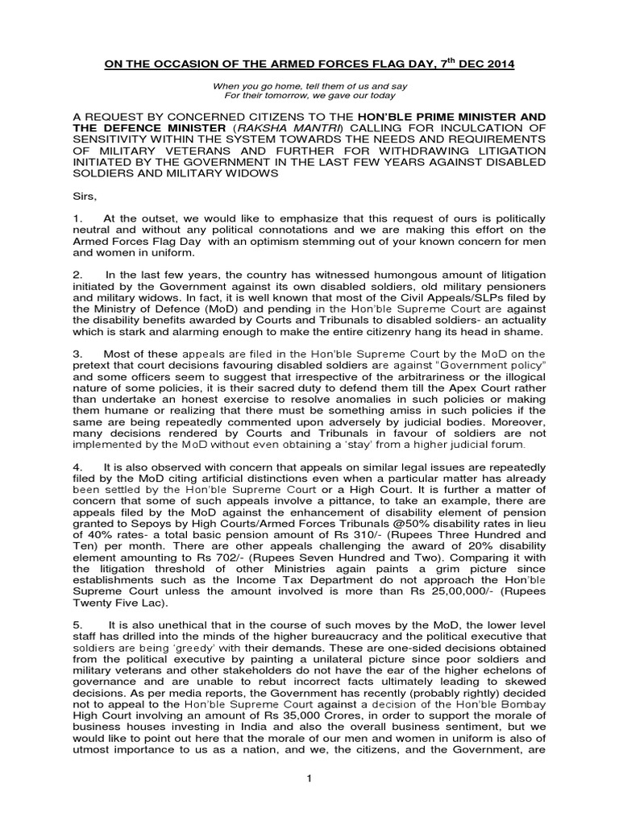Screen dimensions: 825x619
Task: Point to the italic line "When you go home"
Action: click(x=309, y=85)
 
